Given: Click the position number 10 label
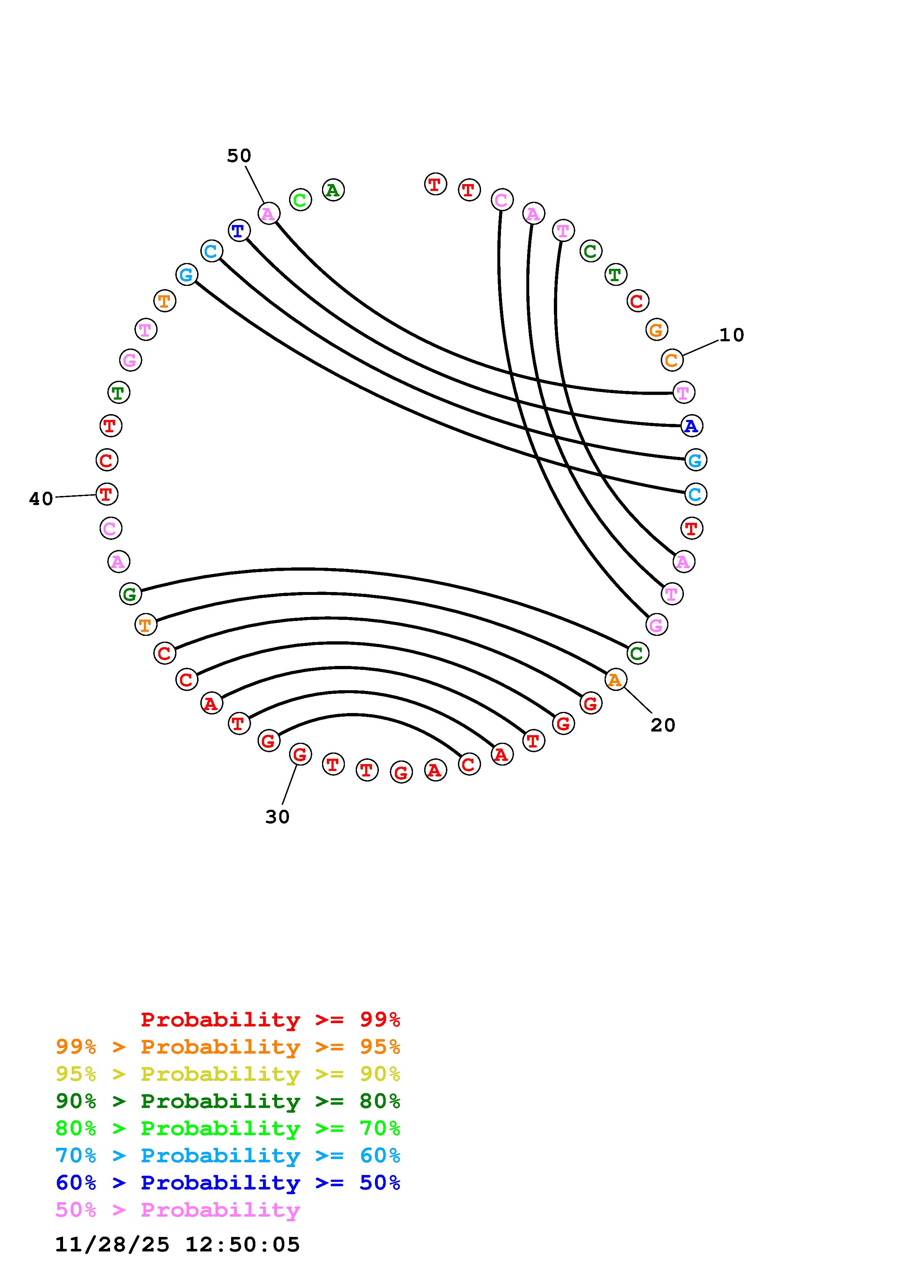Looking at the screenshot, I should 731,335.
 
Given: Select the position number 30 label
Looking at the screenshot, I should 277,817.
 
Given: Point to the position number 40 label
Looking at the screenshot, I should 41,499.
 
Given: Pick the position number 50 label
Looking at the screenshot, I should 239,156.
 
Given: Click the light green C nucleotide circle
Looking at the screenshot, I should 300,200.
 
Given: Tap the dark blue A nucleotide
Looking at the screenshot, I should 691,426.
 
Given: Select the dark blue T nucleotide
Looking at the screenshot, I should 238,230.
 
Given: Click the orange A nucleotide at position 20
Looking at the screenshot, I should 615,680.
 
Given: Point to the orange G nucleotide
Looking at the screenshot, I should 656,330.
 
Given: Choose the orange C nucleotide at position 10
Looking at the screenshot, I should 672,361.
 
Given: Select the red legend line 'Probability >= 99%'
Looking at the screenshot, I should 270,1020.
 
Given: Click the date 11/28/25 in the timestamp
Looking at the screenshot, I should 112,1245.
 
